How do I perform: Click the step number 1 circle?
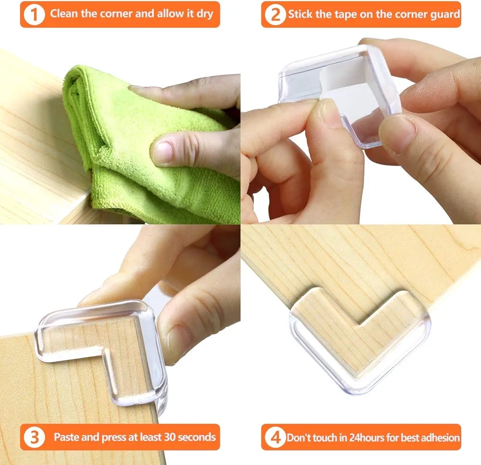click(x=34, y=14)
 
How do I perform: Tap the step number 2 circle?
click(x=275, y=14)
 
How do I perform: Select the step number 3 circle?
click(x=34, y=437)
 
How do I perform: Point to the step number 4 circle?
click(x=275, y=437)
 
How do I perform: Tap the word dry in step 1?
click(x=204, y=14)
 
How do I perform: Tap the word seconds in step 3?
click(x=197, y=437)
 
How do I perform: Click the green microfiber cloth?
click(x=147, y=147)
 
